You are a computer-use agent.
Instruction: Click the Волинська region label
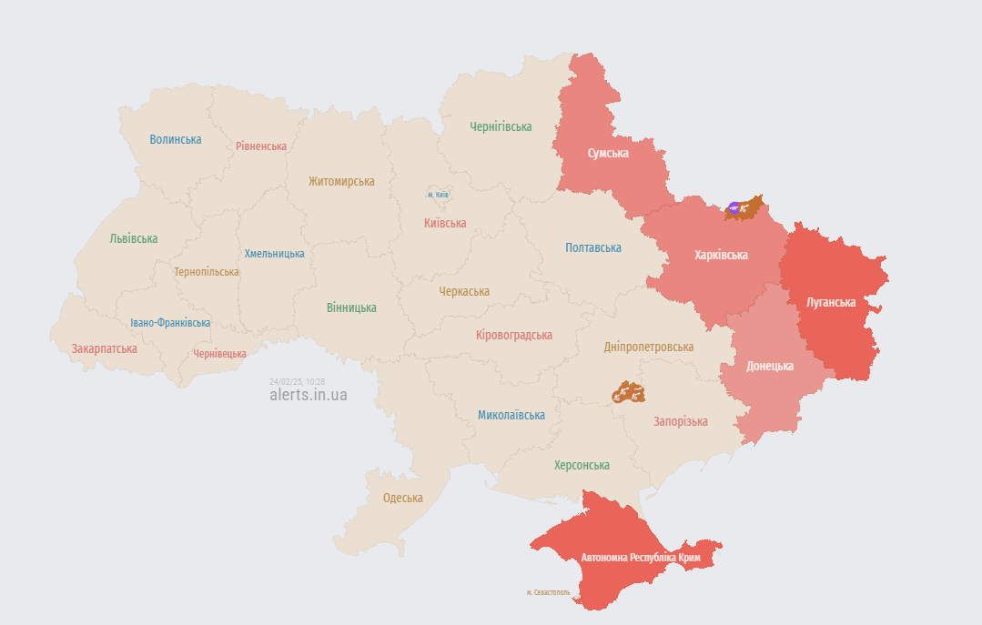176,139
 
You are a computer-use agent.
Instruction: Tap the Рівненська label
261,146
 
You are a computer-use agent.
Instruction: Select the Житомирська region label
341,181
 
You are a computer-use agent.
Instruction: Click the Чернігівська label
501,126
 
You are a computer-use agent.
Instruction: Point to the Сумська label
608,153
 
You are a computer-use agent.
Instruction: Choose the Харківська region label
721,255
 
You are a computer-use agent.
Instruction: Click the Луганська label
831,302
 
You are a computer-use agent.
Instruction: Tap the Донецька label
770,366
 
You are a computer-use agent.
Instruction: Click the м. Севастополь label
548,592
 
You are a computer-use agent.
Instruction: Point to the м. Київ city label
438,195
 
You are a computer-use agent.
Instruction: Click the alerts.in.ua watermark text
309,395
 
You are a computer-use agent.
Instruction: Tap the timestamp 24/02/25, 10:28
297,381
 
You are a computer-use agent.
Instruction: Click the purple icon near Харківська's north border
734,208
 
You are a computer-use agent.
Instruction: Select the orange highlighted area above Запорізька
628,393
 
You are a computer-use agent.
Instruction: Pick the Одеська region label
403,498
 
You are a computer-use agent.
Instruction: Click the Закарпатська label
105,348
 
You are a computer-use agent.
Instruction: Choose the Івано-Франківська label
170,323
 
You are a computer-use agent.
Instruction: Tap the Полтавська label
593,247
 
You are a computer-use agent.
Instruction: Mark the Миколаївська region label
511,415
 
